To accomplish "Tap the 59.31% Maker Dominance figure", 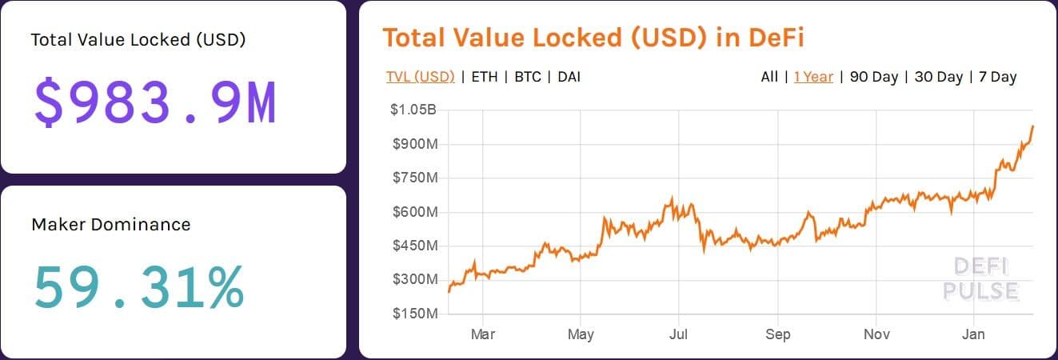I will (x=138, y=288).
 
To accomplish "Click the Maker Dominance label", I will (x=111, y=225).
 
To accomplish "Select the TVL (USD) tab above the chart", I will (x=420, y=77).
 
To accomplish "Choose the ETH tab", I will (x=484, y=77).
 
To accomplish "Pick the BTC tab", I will (x=527, y=77).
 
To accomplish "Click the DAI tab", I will (x=569, y=77).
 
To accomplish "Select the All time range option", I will (x=769, y=77).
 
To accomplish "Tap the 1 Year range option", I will (x=813, y=77).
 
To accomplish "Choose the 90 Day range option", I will (x=874, y=77).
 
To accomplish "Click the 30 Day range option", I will (x=938, y=77).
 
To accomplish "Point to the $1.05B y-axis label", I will (x=413, y=110).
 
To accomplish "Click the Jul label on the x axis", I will (x=679, y=334).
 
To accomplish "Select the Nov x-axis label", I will (x=876, y=334).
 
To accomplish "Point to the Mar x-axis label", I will (x=482, y=334).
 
